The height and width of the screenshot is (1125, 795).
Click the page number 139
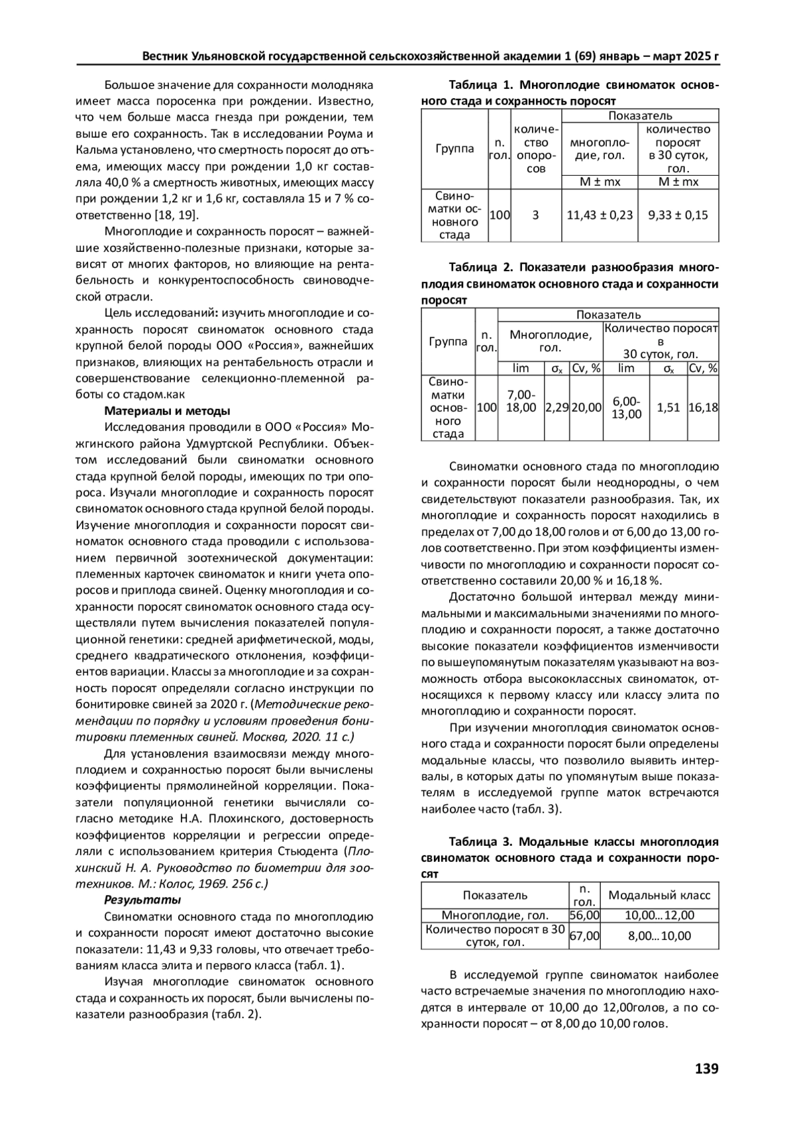706,1068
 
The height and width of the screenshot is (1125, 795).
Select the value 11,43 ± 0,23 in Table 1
600,215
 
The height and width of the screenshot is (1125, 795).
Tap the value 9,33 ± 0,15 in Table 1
678,215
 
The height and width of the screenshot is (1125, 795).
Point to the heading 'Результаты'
142,900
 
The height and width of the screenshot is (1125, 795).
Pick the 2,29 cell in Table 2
556,408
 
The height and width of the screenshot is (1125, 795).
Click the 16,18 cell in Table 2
703,408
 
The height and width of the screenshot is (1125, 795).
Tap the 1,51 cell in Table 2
668,408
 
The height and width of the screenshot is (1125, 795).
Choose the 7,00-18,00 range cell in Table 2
521,401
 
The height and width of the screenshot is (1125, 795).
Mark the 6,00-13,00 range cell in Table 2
626,408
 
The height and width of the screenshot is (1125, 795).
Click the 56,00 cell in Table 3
584,915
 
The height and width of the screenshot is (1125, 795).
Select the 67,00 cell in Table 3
584,935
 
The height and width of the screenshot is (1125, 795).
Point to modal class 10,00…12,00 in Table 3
659,915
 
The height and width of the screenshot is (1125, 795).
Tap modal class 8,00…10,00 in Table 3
659,935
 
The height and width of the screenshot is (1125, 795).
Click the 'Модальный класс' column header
659,895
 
